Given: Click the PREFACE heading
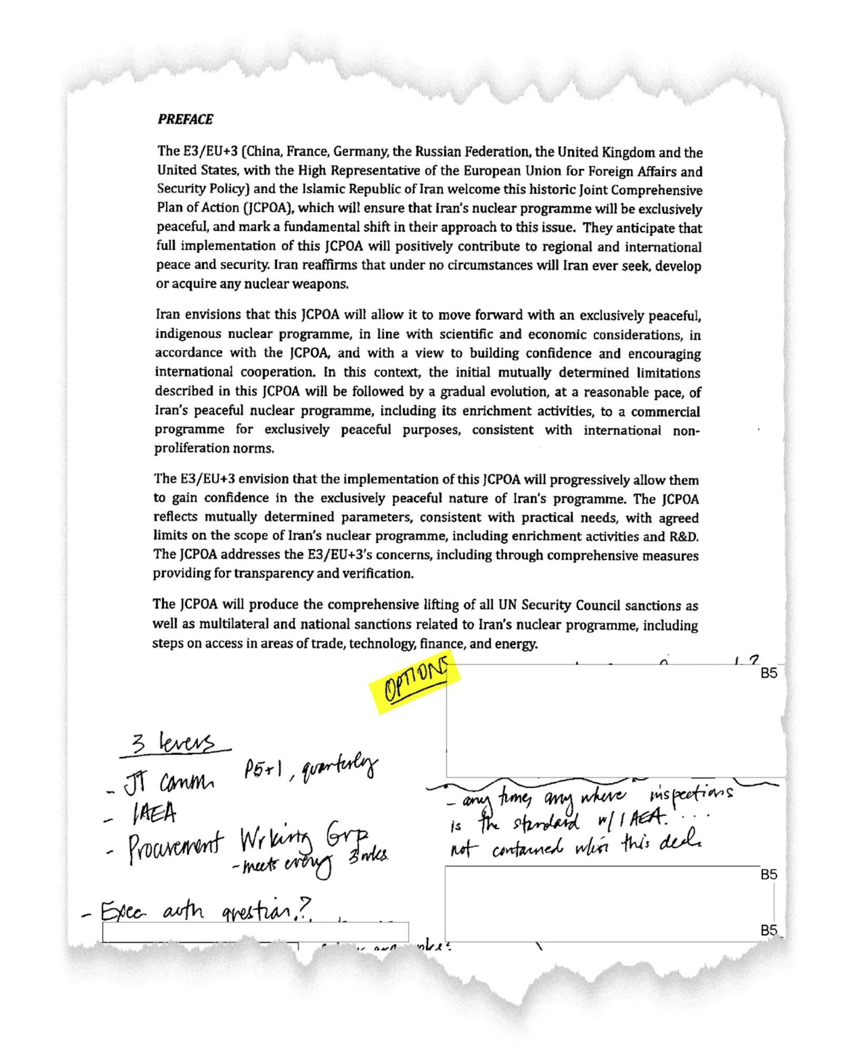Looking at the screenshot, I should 185,119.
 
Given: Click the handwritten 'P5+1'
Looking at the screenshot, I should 263,770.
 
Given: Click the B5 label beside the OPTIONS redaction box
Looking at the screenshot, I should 769,673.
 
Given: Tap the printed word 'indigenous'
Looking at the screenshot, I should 188,334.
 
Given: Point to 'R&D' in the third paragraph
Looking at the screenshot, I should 683,537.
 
